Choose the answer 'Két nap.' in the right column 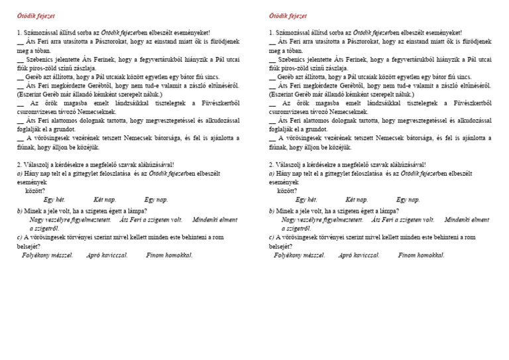357,199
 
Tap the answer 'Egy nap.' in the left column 156,199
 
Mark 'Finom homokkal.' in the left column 169,255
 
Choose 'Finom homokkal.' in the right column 421,255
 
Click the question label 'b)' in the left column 20,210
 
